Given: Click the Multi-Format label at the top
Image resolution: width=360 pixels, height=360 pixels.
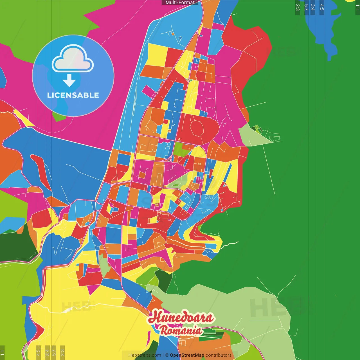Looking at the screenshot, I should (x=180, y=3).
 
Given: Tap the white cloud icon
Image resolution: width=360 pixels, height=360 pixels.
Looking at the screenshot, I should (x=73, y=59).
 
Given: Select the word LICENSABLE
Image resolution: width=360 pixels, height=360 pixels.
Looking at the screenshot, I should (x=73, y=95).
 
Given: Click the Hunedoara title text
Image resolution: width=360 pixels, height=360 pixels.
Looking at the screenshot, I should (x=181, y=317).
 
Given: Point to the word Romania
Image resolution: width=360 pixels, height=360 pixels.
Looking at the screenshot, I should (x=181, y=330).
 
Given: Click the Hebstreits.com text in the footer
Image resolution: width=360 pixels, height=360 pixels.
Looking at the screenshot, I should (x=145, y=355).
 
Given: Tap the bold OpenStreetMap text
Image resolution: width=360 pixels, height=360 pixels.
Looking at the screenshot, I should (x=187, y=355).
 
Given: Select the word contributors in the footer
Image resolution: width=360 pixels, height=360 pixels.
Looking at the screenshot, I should (x=219, y=355).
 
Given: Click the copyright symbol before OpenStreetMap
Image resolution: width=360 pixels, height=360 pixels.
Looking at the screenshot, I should (x=167, y=355).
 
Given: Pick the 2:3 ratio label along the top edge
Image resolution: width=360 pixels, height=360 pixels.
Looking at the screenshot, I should (x=298, y=7).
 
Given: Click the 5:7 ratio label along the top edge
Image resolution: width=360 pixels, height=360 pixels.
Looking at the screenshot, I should (x=306, y=7).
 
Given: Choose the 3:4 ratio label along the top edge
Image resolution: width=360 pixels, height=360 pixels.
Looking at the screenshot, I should (x=313, y=7).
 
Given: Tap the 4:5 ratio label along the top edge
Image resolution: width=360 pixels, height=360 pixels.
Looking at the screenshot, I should (x=322, y=7).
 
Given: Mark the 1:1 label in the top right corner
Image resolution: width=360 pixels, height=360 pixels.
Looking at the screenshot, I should (x=357, y=7).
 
